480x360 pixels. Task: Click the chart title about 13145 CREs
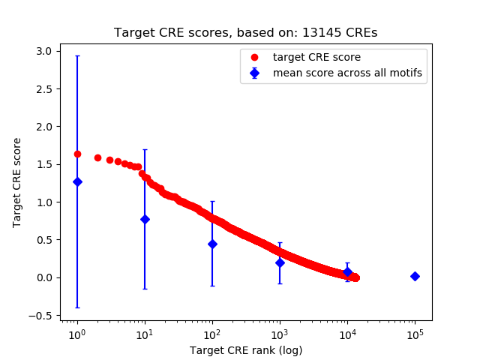(245, 33)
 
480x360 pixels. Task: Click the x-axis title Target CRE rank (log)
(245, 350)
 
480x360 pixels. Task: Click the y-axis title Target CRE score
(17, 182)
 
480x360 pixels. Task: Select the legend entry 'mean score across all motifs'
(346, 73)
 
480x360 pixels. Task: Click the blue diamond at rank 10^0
(77, 181)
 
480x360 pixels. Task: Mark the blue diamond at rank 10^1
(145, 219)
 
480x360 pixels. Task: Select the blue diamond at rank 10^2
(212, 244)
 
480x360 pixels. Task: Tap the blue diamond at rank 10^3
(280, 262)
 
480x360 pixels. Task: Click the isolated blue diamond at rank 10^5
(415, 276)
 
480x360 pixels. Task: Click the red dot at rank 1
(77, 154)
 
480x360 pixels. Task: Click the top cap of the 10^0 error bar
(77, 55)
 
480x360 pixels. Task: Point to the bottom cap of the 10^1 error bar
(145, 289)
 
